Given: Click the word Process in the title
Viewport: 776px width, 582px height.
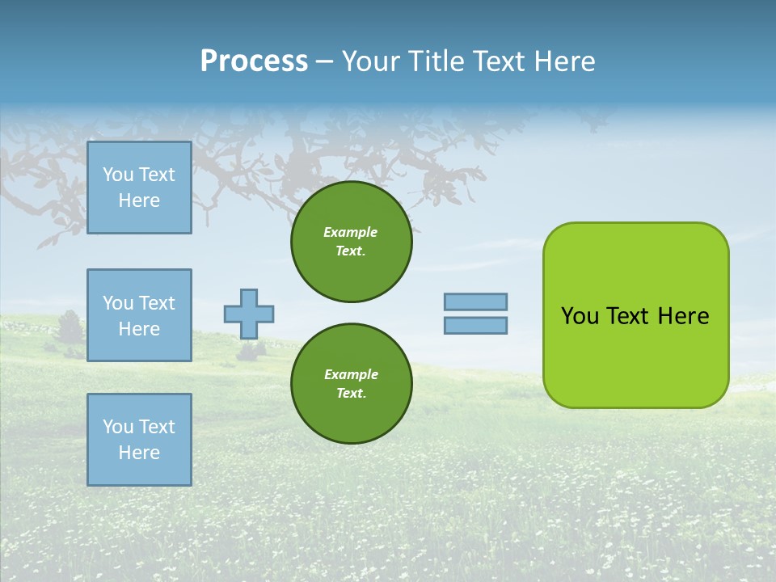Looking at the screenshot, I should [254, 61].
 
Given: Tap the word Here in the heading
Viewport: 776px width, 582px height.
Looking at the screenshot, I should [563, 61].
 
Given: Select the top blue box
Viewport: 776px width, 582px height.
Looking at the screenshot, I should [139, 188].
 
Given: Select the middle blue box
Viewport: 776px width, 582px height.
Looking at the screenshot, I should [139, 315].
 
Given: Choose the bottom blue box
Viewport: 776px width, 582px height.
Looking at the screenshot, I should [139, 440].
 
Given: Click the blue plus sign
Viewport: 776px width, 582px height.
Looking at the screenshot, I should [249, 314].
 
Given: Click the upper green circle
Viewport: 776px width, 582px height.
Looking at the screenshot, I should [351, 242].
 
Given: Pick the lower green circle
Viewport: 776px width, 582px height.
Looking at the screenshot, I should [351, 384].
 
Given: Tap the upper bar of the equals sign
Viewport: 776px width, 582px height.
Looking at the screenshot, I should [475, 302].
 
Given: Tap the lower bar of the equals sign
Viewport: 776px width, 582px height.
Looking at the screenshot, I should [475, 326].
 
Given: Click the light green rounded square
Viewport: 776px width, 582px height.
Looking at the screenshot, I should [635, 315].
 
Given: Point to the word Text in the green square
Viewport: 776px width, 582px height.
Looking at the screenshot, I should [628, 316].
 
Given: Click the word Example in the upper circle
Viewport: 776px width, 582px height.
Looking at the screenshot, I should [351, 232].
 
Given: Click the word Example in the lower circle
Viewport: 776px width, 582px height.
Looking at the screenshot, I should [351, 374].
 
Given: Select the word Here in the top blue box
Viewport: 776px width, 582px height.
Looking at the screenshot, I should [139, 200].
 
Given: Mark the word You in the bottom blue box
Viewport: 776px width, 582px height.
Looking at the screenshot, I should [118, 427].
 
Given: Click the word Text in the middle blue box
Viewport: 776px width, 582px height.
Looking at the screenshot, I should [157, 303].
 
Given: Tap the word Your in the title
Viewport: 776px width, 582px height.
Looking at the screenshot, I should [370, 61].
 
